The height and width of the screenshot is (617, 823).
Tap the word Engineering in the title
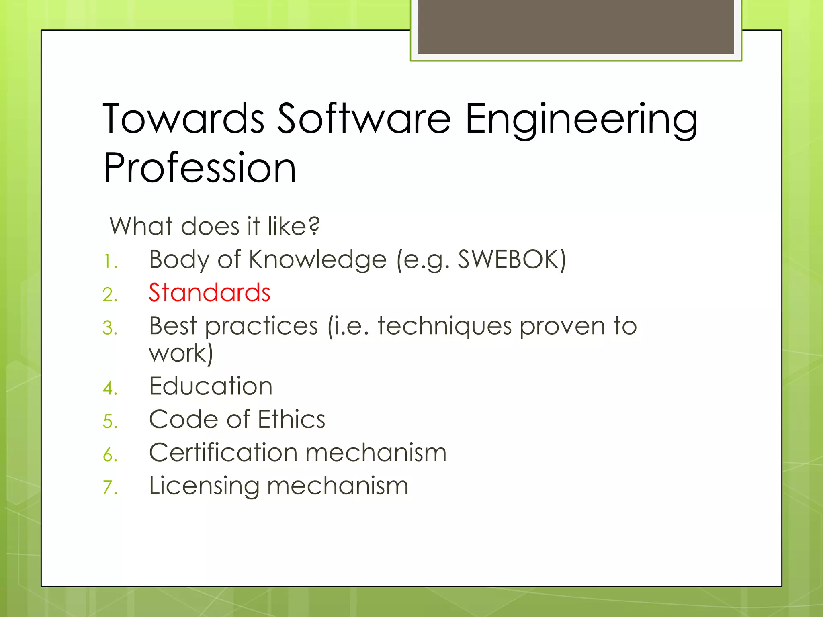(x=581, y=120)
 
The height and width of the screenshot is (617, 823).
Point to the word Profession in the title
(x=200, y=168)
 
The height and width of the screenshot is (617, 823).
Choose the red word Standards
(x=209, y=292)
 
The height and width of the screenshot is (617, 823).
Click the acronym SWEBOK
(x=508, y=259)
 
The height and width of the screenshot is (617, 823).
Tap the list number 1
(x=109, y=262)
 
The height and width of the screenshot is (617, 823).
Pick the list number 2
(x=110, y=295)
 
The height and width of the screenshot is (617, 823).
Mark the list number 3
(x=110, y=328)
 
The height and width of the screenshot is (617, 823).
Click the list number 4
(x=110, y=388)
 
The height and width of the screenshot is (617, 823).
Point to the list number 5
(x=110, y=422)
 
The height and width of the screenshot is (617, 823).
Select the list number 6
(x=110, y=455)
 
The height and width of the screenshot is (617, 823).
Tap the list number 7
(x=110, y=488)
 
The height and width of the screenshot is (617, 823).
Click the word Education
(x=211, y=386)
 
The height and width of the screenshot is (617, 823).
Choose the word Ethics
(x=291, y=420)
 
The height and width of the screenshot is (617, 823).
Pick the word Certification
(x=223, y=453)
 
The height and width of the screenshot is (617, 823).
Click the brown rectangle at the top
(x=576, y=27)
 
